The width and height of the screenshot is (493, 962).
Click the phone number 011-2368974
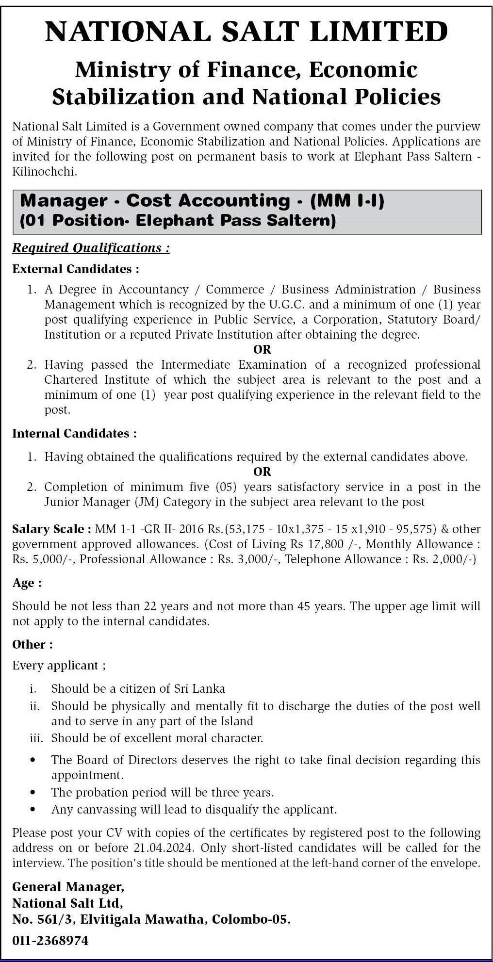[50, 941]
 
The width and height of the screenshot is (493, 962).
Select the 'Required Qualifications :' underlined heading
[91, 248]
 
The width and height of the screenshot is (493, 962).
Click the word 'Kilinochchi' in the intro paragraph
[44, 172]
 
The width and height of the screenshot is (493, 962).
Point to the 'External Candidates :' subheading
[76, 269]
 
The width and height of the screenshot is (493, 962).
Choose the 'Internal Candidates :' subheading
[74, 433]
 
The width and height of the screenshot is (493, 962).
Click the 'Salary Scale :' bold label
[51, 529]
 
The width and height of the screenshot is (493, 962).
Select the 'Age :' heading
[27, 583]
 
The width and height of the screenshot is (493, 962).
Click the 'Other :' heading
[33, 644]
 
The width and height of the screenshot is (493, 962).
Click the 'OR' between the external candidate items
[262, 349]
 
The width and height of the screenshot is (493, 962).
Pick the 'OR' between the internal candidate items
[262, 472]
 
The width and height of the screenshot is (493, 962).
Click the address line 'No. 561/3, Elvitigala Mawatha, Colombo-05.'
[151, 919]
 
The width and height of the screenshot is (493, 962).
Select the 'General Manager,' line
[68, 886]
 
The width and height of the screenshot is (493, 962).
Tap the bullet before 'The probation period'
[33, 792]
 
